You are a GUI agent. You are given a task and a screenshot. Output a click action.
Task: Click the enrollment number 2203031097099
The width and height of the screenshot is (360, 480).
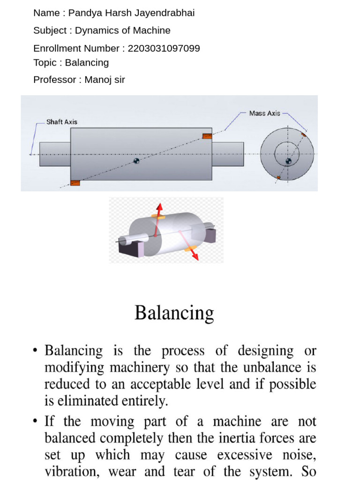(164, 48)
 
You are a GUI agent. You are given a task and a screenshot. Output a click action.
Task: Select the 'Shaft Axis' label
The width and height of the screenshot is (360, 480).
(62, 122)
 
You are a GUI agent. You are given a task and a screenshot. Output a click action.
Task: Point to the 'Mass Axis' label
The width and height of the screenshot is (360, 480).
(265, 113)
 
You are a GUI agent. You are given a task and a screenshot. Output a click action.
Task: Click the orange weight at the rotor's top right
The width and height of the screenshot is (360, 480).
(207, 136)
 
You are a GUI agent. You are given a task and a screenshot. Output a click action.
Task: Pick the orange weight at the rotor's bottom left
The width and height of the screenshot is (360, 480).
(75, 182)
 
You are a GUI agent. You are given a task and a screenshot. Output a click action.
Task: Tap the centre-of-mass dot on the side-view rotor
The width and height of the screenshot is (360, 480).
(136, 161)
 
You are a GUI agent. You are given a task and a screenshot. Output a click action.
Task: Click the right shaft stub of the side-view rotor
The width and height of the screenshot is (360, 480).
(228, 154)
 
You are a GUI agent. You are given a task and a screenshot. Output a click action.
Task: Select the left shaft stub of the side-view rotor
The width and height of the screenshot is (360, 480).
(55, 154)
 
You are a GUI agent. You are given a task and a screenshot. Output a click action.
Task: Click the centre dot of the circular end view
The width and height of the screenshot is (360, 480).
(288, 161)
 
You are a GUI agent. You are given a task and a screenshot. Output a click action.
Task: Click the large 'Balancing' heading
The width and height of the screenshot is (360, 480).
(174, 313)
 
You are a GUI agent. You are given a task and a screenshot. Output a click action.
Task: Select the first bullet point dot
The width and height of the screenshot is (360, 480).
(36, 351)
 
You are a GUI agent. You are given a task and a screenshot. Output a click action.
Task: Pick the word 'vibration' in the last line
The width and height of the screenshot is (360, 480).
(66, 472)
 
